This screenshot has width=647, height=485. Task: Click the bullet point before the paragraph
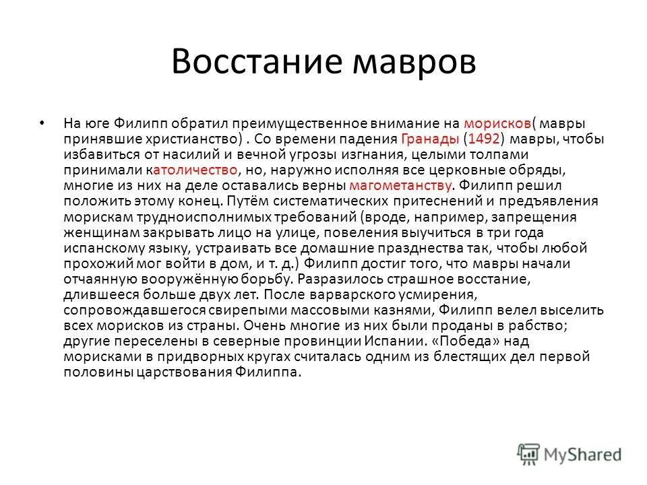[42, 123]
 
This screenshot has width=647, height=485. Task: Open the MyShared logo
[569, 453]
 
